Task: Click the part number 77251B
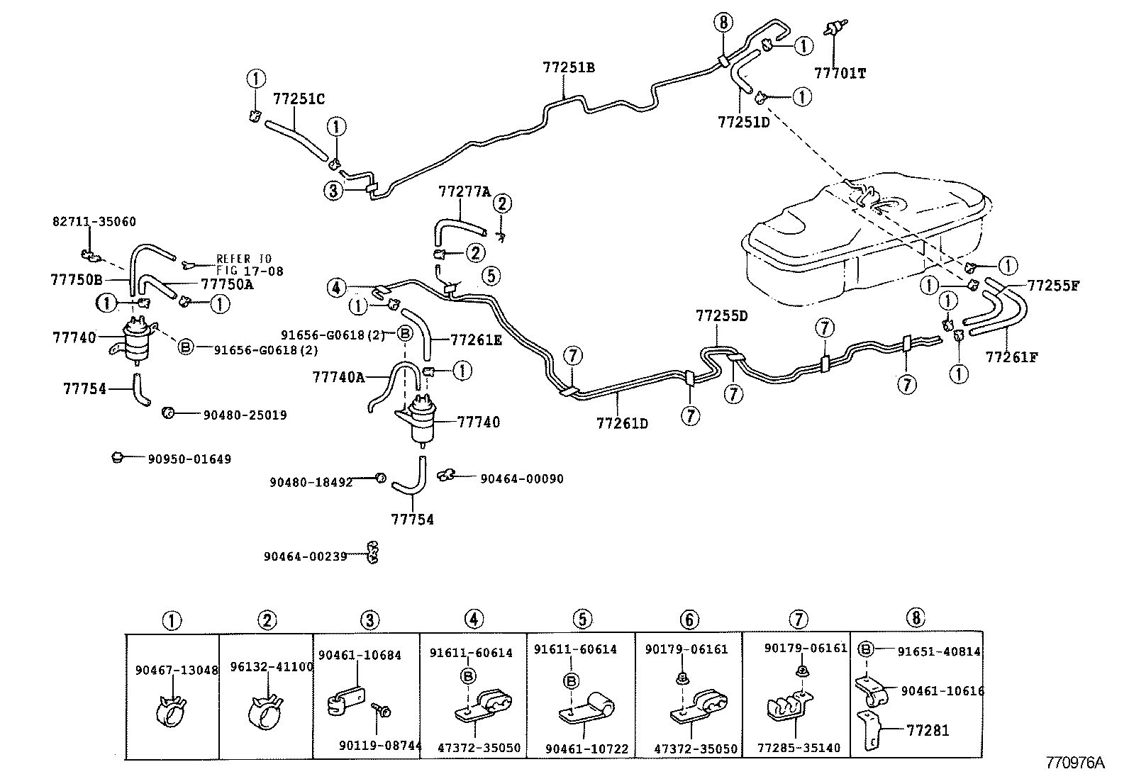coord(568,68)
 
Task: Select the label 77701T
coord(840,73)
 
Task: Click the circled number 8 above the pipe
coord(723,23)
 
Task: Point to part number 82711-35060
coord(94,222)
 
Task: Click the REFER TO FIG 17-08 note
coord(244,264)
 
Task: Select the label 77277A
coord(465,191)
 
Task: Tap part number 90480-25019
coord(245,415)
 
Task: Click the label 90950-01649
coord(189,459)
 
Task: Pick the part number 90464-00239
coord(305,557)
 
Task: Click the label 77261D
coord(622,424)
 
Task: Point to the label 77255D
coord(721,315)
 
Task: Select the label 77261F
coord(1011,357)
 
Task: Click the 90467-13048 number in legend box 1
coord(177,669)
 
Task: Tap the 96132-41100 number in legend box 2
coord(272,667)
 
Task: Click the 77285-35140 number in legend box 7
coord(799,748)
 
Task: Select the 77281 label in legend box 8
coord(928,730)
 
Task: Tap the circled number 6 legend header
coord(689,620)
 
